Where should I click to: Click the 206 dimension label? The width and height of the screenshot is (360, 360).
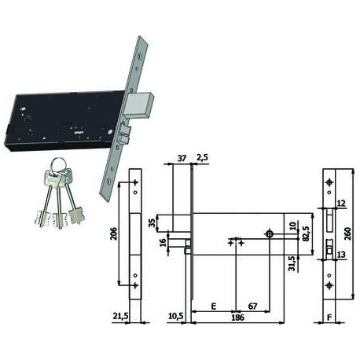[114, 233]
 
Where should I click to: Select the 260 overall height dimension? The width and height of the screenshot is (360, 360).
[347, 233]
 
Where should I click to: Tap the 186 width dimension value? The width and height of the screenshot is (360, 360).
[238, 318]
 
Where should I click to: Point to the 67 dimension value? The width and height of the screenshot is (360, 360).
[252, 306]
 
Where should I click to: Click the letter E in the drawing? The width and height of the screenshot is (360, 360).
[214, 306]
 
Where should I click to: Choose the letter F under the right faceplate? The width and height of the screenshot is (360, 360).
[329, 318]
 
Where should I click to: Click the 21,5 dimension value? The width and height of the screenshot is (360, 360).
[120, 316]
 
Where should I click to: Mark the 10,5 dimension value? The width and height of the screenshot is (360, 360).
[175, 316]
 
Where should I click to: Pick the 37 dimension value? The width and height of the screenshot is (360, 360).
[182, 158]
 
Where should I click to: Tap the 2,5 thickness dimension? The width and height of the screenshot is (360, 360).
[202, 158]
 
